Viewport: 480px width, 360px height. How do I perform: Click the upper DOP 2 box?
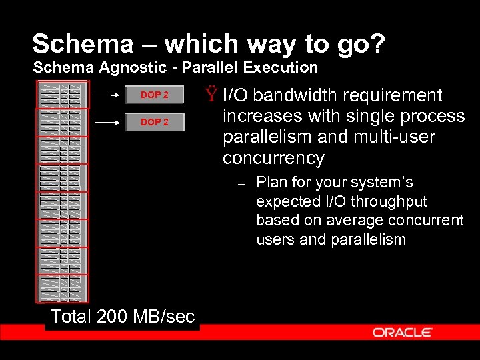click(x=154, y=95)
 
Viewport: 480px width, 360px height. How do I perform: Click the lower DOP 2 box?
click(x=154, y=122)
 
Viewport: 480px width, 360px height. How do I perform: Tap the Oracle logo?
click(x=403, y=332)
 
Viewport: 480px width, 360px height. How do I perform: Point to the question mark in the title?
click(x=376, y=44)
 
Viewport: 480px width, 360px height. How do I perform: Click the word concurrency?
click(x=273, y=159)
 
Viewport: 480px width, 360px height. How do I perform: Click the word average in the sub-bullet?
click(x=351, y=221)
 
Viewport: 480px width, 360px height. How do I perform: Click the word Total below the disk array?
click(x=71, y=317)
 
